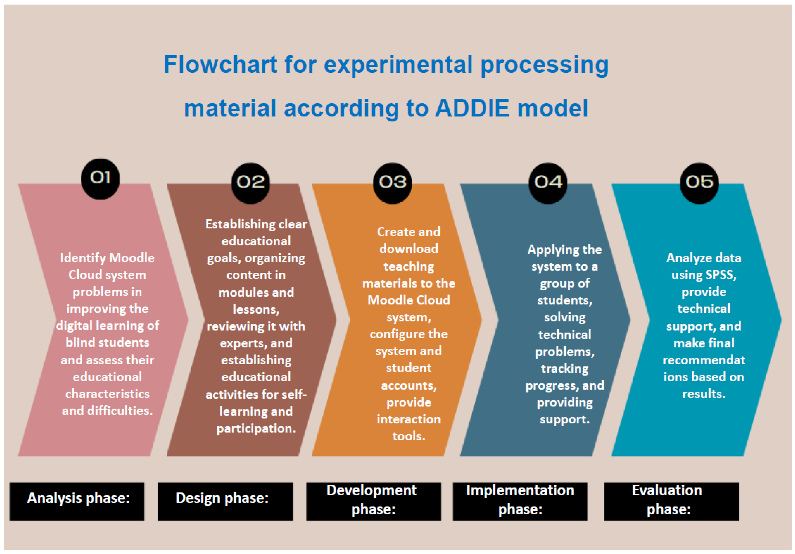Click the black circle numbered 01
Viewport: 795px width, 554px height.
(100, 179)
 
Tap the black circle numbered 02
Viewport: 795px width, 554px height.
(250, 183)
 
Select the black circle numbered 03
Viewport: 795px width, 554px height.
(392, 183)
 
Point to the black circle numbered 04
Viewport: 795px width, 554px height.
(548, 183)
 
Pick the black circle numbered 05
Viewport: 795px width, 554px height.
(699, 183)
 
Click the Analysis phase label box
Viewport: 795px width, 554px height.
(77, 501)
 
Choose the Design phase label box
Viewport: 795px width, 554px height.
(225, 501)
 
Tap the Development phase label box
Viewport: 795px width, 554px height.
(374, 501)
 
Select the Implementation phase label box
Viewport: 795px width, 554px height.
(520, 501)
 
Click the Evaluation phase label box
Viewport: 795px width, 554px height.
(671, 501)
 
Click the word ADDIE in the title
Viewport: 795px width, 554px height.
(472, 108)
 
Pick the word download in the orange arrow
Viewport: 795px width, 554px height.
(409, 249)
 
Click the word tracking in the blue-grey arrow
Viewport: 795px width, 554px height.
(565, 369)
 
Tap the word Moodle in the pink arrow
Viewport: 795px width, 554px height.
(132, 258)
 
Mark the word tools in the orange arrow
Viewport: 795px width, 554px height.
(409, 436)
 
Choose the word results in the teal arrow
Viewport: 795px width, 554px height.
(704, 394)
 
